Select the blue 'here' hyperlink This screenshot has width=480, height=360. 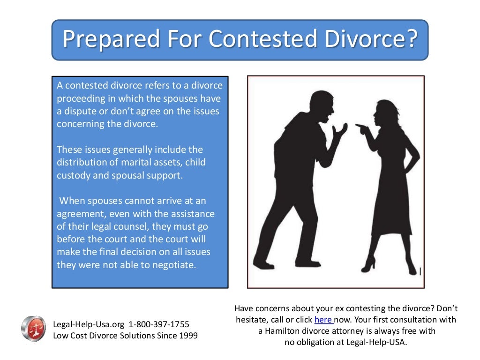pos(323,320)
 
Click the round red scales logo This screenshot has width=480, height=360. pos(33,329)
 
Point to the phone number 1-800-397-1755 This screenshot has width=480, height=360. pos(159,324)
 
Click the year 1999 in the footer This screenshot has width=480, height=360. pos(187,336)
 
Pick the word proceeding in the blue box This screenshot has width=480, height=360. pos(81,99)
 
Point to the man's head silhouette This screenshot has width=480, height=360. pos(320,107)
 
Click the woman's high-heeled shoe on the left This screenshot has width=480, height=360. pos(369,263)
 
